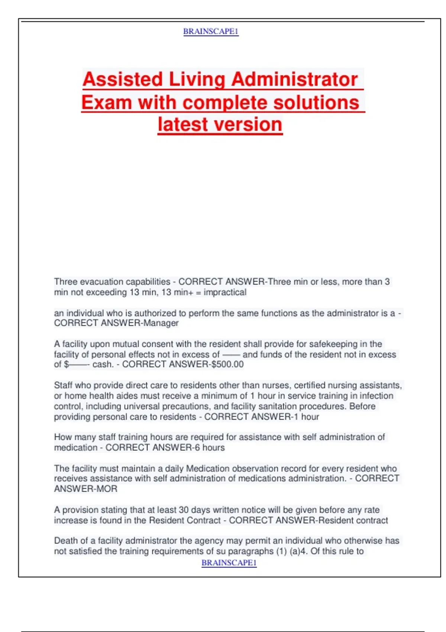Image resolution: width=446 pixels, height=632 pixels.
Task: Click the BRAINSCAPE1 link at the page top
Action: [x=211, y=32]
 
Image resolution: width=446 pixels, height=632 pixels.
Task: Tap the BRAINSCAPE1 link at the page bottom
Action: [x=229, y=563]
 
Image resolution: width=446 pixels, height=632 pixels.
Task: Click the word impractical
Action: [x=225, y=292]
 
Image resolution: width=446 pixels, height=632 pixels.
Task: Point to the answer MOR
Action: [x=107, y=489]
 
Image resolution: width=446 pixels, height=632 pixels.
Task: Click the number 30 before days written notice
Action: [x=183, y=510]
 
